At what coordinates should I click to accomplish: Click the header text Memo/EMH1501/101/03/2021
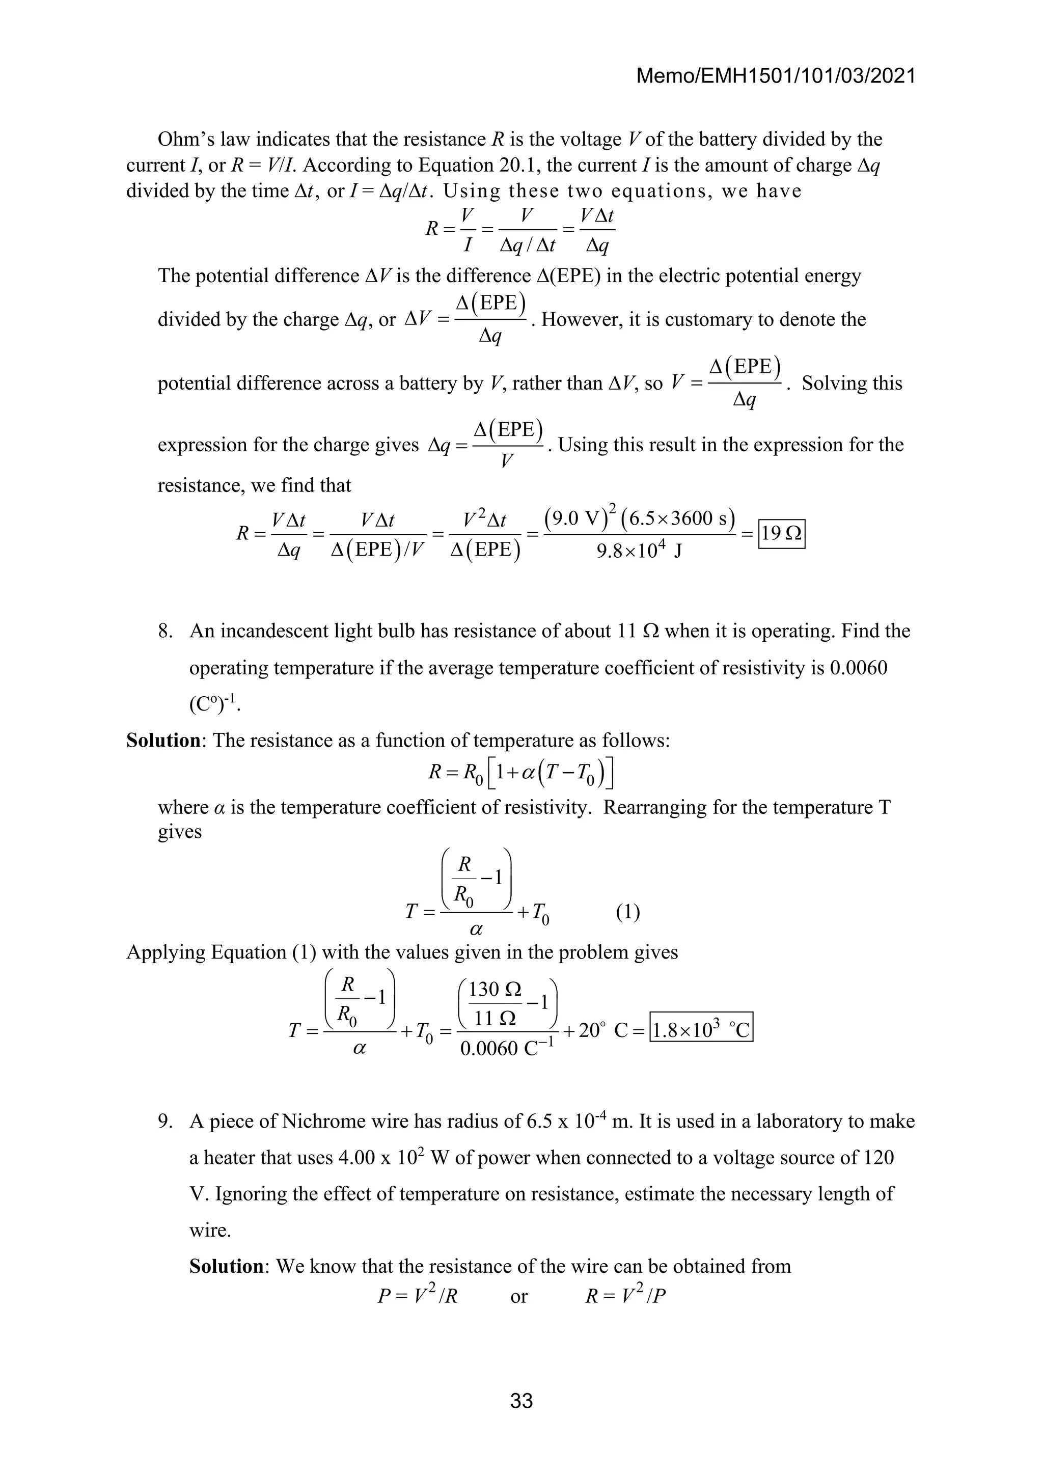pyautogui.click(x=775, y=76)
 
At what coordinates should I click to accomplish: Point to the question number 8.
pyautogui.click(x=166, y=631)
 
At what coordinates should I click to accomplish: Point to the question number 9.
pyautogui.click(x=166, y=1121)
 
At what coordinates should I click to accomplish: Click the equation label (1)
pyautogui.click(x=627, y=912)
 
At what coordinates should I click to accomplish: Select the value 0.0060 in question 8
pyautogui.click(x=858, y=668)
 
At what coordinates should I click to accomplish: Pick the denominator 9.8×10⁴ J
pyautogui.click(x=639, y=551)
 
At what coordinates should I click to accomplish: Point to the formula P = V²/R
pyautogui.click(x=418, y=1296)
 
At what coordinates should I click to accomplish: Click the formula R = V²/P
pyautogui.click(x=625, y=1296)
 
